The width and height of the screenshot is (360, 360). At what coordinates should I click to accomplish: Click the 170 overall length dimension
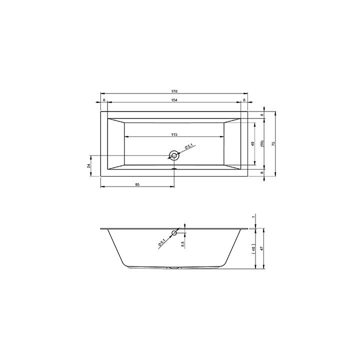tap(174, 91)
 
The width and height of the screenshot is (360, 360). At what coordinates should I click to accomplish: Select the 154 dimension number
tap(174, 100)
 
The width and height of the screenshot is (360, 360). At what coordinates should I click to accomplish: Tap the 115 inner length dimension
tap(174, 135)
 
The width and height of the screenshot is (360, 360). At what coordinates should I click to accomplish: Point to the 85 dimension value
tap(137, 184)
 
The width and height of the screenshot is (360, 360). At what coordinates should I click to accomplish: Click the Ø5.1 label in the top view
tap(188, 146)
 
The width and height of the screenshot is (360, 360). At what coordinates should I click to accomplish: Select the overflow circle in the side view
tap(174, 233)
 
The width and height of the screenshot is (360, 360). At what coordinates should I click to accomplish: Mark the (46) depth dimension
tap(254, 249)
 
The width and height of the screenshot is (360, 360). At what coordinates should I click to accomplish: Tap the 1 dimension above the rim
tap(254, 216)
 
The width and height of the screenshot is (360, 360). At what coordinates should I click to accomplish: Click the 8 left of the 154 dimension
tap(104, 100)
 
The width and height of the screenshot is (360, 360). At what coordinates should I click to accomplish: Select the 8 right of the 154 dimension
tap(244, 100)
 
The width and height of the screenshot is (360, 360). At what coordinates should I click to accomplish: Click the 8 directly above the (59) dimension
tap(262, 115)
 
